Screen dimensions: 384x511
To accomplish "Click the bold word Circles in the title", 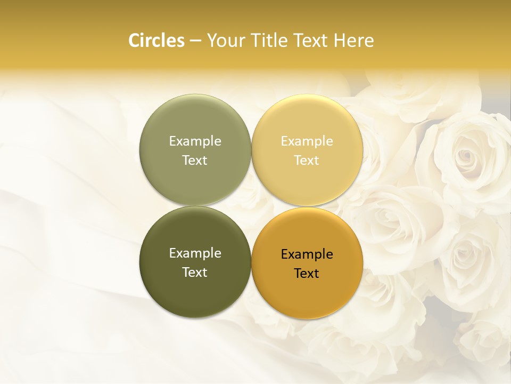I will (156, 41).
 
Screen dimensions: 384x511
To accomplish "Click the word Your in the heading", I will (225, 41).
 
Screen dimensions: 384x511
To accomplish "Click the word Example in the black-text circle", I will (307, 254).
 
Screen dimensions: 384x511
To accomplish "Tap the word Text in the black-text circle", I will (307, 274).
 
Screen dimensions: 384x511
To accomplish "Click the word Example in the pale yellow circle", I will (307, 141).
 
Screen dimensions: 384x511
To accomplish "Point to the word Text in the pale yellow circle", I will (307, 161).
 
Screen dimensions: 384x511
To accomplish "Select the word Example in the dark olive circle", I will (195, 253).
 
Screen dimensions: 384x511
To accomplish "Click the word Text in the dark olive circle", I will (195, 273).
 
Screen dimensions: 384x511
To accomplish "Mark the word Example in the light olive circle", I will (195, 141).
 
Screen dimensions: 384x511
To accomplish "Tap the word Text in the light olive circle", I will (195, 161).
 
